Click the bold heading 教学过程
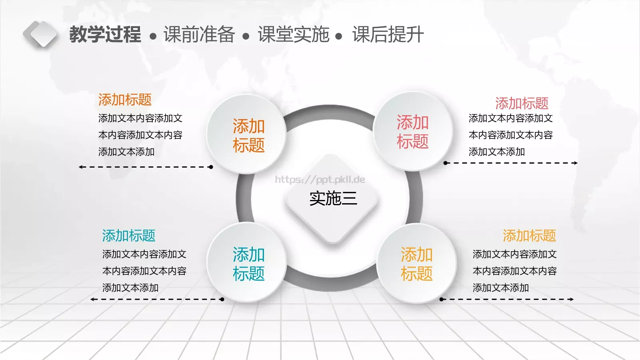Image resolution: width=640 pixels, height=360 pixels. [x=105, y=34]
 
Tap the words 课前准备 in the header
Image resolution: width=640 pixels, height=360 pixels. [x=199, y=34]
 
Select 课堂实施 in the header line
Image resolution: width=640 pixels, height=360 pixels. [x=294, y=34]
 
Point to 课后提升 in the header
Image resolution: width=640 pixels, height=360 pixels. [x=388, y=34]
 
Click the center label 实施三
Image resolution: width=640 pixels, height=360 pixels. [x=333, y=198]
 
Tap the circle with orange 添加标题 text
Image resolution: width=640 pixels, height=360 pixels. [x=246, y=134]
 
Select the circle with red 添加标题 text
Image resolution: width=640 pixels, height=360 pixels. [x=413, y=132]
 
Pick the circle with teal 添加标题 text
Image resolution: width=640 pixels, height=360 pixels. [x=246, y=262]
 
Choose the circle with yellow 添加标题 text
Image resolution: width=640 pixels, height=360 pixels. [x=416, y=263]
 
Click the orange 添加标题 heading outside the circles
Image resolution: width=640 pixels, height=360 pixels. [x=125, y=100]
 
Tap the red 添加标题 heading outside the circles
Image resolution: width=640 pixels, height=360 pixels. [x=522, y=103]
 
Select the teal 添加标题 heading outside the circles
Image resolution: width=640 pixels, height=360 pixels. [x=128, y=236]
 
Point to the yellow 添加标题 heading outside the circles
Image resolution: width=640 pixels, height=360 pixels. [x=530, y=236]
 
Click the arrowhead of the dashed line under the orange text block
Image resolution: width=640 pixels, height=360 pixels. [x=80, y=167]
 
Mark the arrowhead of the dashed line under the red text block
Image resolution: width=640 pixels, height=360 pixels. [x=576, y=163]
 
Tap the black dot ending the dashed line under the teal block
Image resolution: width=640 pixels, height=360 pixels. [x=222, y=300]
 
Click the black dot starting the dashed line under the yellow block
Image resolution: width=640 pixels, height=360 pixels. [x=442, y=300]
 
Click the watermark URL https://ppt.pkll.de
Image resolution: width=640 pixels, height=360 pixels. [x=320, y=180]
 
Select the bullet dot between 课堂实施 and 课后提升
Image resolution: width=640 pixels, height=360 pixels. [x=338, y=36]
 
